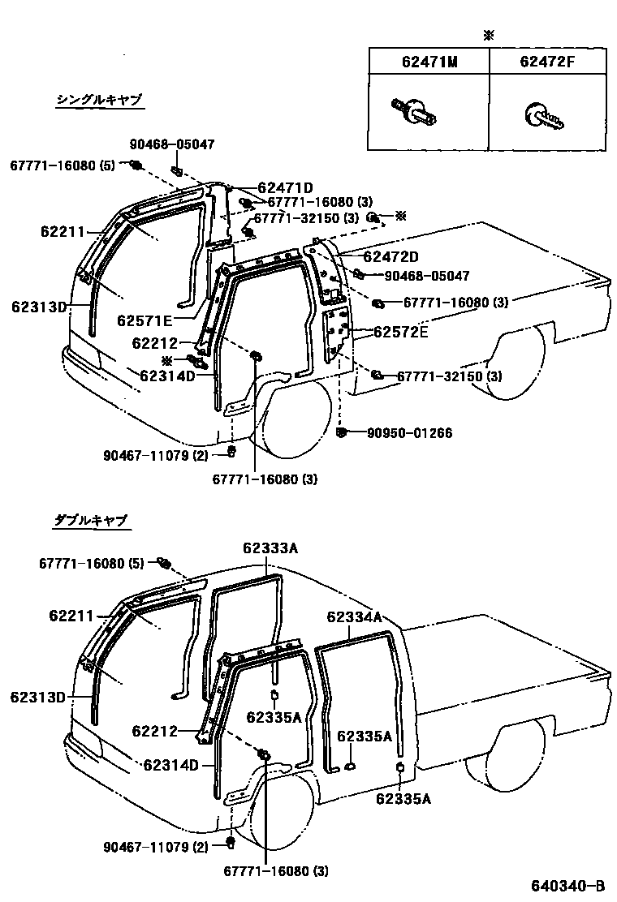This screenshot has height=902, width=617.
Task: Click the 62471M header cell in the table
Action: tap(429, 61)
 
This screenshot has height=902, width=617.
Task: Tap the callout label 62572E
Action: tap(400, 333)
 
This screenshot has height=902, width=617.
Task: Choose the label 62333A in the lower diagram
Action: tap(270, 548)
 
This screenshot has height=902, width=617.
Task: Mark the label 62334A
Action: tap(355, 616)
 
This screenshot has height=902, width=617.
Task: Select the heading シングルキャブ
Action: tap(99, 100)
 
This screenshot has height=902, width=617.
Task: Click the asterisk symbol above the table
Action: tap(488, 36)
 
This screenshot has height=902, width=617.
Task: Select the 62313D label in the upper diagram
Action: tap(39, 307)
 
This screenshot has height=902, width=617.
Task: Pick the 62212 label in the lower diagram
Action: tap(154, 731)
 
